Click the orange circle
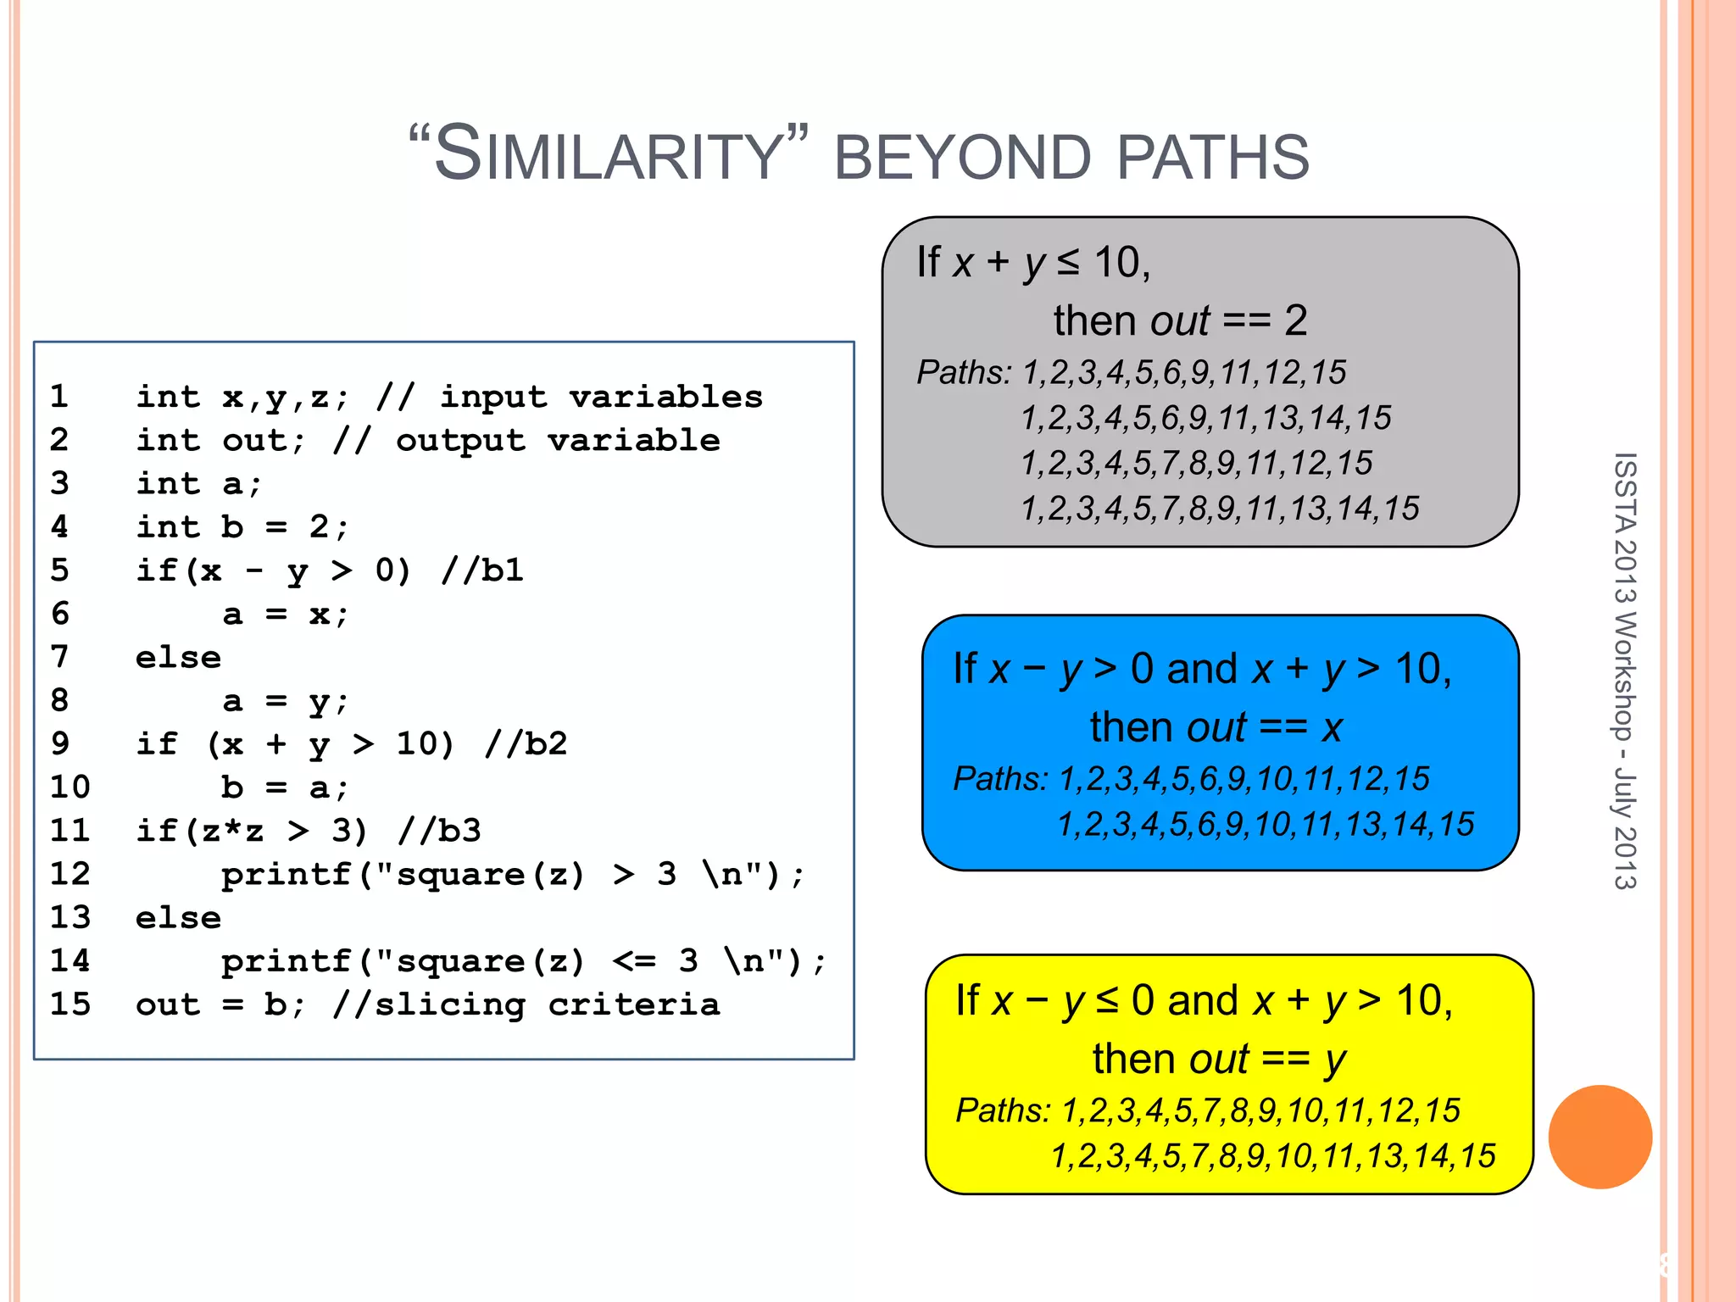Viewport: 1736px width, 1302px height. (x=1600, y=1137)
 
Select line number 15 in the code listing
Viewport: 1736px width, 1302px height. (x=70, y=1004)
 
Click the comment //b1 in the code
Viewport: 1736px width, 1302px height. (x=481, y=570)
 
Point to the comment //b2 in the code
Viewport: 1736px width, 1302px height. (x=526, y=743)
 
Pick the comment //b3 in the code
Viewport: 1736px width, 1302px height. (x=439, y=830)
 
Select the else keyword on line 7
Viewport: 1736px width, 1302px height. (x=178, y=657)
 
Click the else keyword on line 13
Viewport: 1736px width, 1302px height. (x=178, y=917)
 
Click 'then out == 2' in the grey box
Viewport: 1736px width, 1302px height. (x=1180, y=320)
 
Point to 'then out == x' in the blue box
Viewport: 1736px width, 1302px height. (x=1216, y=726)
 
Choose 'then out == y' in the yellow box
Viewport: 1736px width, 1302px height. (x=1219, y=1059)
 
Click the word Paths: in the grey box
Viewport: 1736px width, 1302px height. (x=964, y=372)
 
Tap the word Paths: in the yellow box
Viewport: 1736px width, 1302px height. (x=1003, y=1110)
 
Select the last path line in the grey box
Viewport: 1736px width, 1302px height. (x=1219, y=509)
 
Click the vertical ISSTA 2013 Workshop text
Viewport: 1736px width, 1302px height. (x=1624, y=670)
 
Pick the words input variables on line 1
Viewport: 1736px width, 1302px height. (x=601, y=397)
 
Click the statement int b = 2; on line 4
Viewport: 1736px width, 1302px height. (x=242, y=526)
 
